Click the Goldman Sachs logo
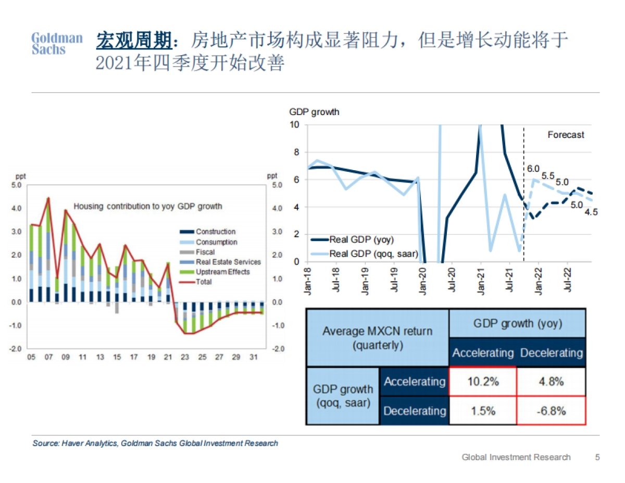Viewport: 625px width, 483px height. point(57,44)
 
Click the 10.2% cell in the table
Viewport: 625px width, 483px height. point(482,382)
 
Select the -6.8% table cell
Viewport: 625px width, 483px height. point(551,411)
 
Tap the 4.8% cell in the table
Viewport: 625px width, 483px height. point(551,382)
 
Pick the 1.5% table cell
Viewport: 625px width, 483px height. point(482,411)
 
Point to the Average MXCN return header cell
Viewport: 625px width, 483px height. point(377,338)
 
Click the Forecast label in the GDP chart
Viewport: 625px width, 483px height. point(566,135)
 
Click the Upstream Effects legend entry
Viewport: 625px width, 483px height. point(222,272)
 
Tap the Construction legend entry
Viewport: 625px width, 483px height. point(215,232)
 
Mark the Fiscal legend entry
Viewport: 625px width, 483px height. point(205,252)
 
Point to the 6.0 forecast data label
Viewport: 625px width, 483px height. point(533,169)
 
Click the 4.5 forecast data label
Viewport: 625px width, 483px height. point(590,212)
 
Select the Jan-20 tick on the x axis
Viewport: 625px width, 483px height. point(422,282)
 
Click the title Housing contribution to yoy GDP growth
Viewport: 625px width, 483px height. point(147,206)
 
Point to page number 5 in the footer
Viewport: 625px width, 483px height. point(597,457)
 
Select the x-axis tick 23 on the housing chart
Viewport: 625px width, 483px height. point(184,357)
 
